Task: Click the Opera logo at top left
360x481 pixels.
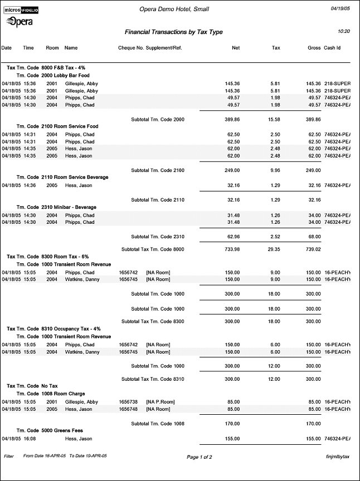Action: coord(19,21)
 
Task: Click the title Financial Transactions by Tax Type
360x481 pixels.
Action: coord(173,32)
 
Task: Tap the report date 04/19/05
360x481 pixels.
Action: coord(340,9)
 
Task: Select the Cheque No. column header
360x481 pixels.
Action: coord(130,48)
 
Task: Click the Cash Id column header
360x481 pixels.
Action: coord(332,48)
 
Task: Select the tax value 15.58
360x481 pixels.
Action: coord(274,119)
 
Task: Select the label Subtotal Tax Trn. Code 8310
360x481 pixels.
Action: coord(152,379)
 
